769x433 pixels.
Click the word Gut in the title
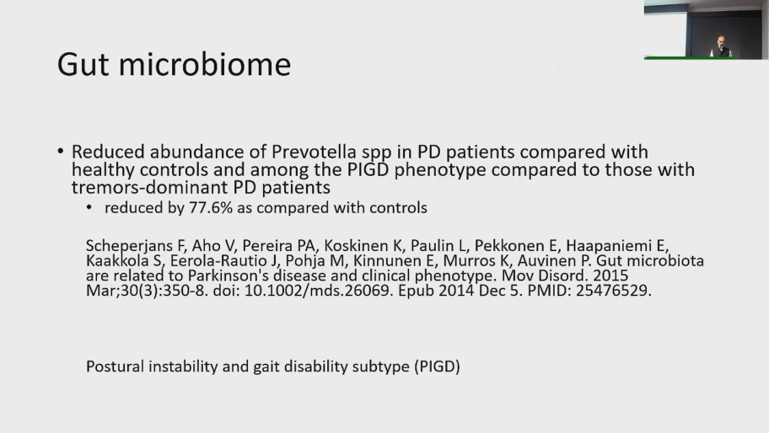83,64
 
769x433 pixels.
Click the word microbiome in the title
205,64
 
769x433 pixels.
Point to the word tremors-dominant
149,187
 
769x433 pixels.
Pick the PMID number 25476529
611,291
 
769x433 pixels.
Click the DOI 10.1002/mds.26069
316,291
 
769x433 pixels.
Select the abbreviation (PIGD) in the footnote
437,367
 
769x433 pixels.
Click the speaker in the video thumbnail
720,46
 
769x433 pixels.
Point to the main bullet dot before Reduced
61,151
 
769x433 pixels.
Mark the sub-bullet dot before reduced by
89,208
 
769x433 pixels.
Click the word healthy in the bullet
103,170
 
